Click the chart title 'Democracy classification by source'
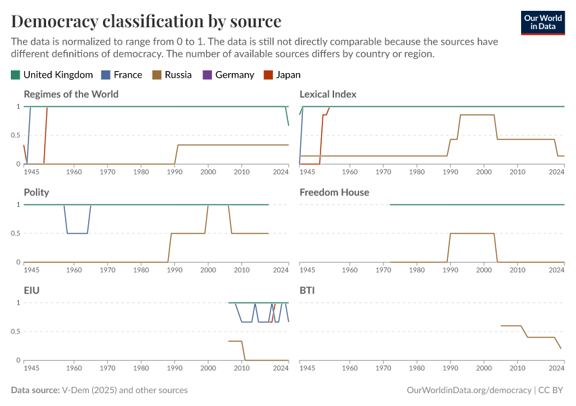(x=146, y=20)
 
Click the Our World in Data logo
(x=542, y=22)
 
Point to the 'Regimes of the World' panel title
(x=71, y=94)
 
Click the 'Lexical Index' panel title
(x=328, y=94)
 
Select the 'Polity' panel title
(x=37, y=192)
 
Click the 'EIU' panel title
(x=31, y=290)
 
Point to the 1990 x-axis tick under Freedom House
(x=450, y=270)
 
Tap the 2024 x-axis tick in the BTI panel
(x=556, y=368)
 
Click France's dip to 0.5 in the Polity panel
(x=77, y=233)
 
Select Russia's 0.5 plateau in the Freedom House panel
(x=472, y=233)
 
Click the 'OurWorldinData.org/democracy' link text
(x=468, y=390)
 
